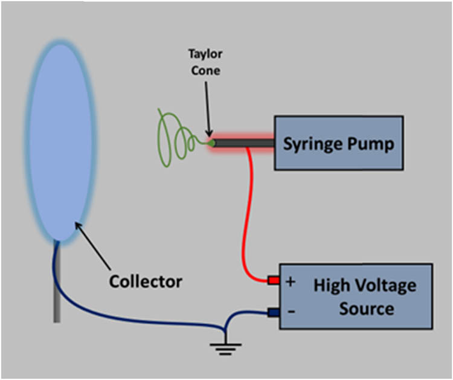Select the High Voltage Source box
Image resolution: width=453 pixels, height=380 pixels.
tap(356, 296)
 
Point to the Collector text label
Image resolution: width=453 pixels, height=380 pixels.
tap(146, 281)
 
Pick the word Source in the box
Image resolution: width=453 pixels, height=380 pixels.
tap(367, 309)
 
